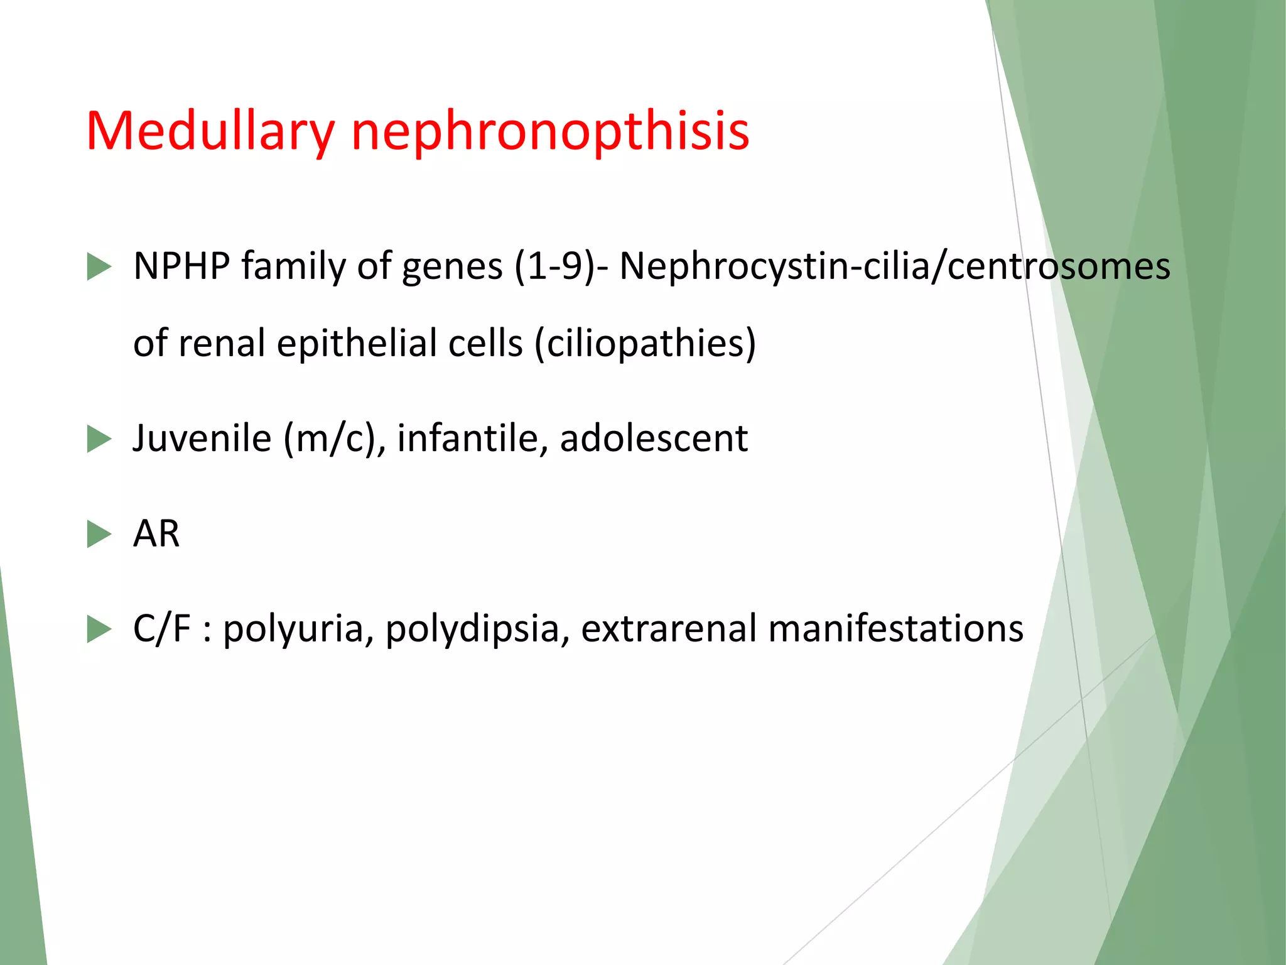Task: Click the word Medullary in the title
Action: (210, 132)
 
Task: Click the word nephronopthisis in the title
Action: (550, 132)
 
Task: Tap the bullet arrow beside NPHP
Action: (99, 266)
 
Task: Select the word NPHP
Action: (182, 266)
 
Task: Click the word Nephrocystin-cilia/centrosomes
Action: (895, 266)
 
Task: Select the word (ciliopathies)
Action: (646, 344)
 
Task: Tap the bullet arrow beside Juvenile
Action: (99, 439)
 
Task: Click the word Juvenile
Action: (202, 438)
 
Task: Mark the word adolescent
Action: (654, 438)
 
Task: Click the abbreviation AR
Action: (156, 534)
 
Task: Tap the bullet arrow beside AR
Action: (99, 534)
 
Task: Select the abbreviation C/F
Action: (161, 628)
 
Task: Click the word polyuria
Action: (294, 629)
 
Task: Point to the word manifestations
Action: (895, 628)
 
